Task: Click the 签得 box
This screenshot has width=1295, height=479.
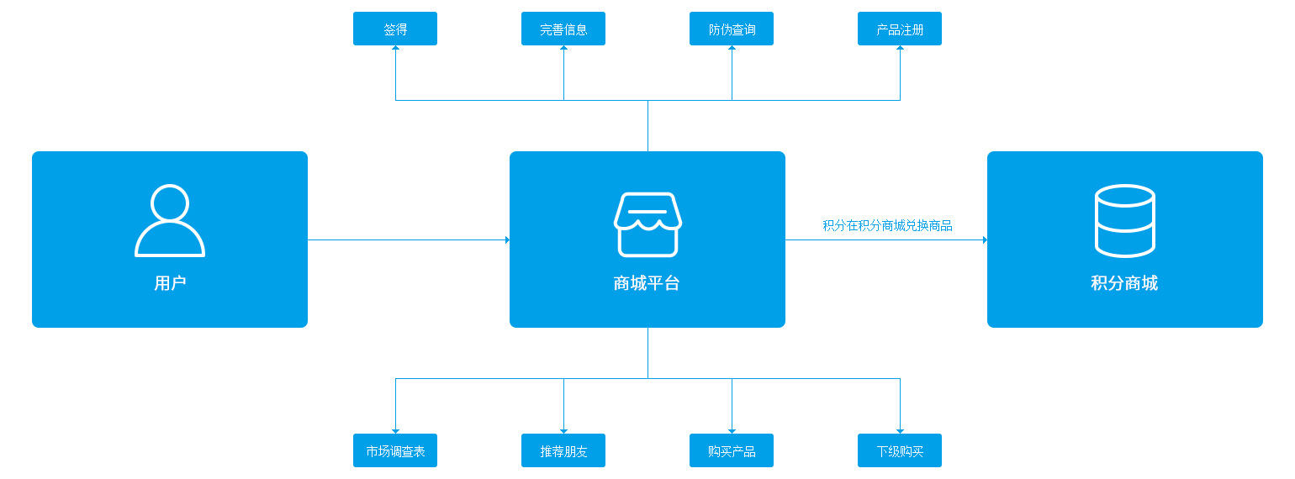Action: tap(395, 29)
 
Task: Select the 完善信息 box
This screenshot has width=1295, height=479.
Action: tap(563, 29)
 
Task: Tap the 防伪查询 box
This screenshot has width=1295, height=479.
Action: tap(732, 29)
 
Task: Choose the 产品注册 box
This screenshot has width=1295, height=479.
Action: tap(900, 29)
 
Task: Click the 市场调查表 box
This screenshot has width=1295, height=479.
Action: tap(395, 450)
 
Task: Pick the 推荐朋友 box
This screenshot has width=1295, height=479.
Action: tap(563, 450)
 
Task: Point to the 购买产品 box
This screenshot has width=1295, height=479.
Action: tap(732, 450)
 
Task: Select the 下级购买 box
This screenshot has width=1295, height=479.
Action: tap(900, 450)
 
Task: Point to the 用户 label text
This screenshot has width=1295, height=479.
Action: tap(170, 283)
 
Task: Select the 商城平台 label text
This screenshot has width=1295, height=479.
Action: tap(647, 283)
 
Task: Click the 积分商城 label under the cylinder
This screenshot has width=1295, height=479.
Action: tap(1124, 283)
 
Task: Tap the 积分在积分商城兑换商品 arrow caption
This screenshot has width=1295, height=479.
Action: tap(887, 225)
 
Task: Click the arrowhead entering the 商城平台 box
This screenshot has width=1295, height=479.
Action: tap(507, 239)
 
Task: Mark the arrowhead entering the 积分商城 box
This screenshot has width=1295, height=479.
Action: tap(985, 239)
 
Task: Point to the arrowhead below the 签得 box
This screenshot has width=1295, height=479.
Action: tap(395, 48)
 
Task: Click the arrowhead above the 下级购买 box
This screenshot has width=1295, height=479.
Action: tap(900, 431)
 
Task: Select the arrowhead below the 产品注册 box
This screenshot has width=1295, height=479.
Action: tap(900, 48)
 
